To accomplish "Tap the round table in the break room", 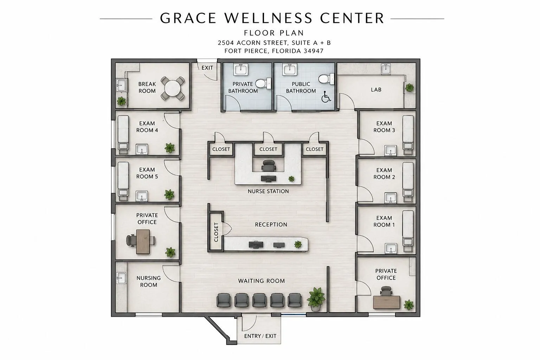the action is click(x=172, y=88).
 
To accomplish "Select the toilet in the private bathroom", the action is click(x=263, y=83).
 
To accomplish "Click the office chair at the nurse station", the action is click(x=269, y=166).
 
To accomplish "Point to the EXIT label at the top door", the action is click(x=207, y=68).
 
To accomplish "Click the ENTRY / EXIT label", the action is click(x=260, y=336).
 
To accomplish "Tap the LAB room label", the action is click(x=376, y=90).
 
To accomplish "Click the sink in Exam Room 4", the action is click(x=142, y=149).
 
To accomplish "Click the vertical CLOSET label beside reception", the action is click(x=216, y=232).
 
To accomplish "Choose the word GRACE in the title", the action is click(x=188, y=18).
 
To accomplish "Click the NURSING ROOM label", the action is click(x=148, y=281).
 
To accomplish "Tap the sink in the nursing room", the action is click(x=121, y=278).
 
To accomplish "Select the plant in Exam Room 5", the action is click(x=169, y=194).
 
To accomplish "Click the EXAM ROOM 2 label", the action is click(x=384, y=174).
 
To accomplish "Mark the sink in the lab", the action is click(x=386, y=69).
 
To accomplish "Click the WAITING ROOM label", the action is click(x=262, y=281).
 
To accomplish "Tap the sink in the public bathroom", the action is click(x=290, y=69).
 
